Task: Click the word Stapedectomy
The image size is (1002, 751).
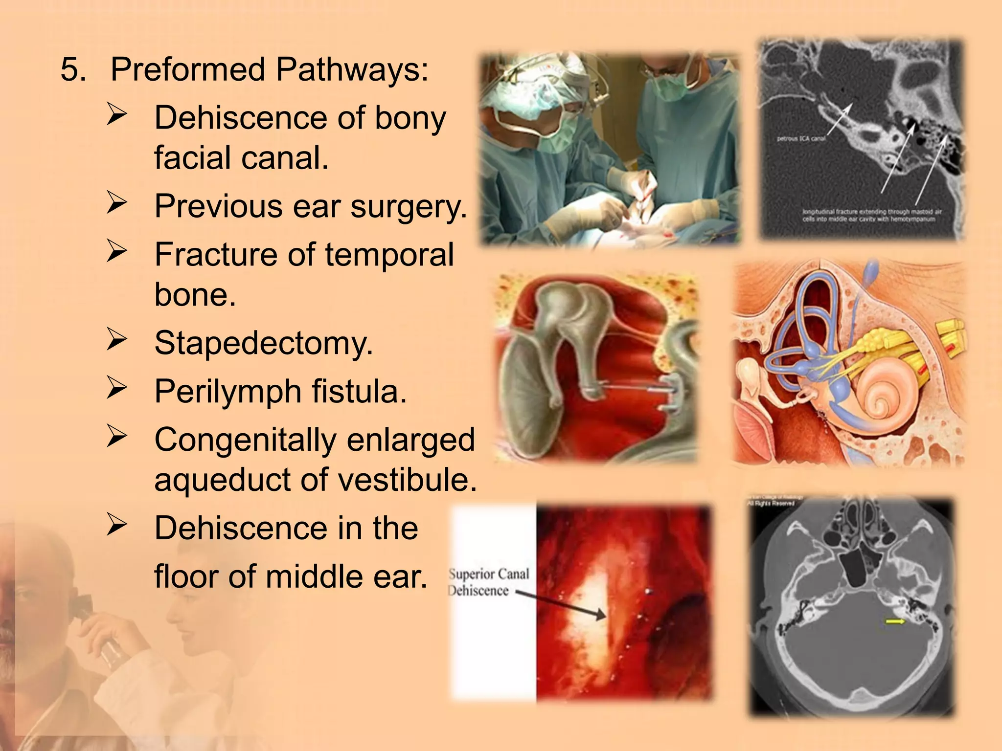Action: (x=263, y=343)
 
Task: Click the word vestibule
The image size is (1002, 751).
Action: (x=407, y=479)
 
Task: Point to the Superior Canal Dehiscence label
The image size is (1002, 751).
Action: (x=488, y=582)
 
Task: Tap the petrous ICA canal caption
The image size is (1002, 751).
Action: (x=801, y=139)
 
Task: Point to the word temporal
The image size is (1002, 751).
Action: (x=389, y=255)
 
